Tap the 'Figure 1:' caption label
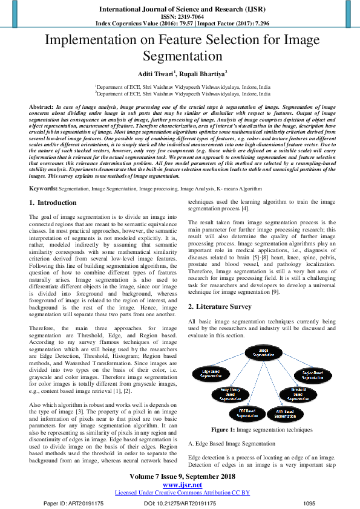pyautogui.click(x=223, y=430)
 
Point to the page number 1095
pyautogui.click(x=309, y=503)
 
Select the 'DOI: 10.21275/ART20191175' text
pyautogui.click(x=180, y=503)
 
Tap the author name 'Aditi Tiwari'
pyautogui.click(x=153, y=74)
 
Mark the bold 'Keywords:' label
pyautogui.click(x=44, y=189)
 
